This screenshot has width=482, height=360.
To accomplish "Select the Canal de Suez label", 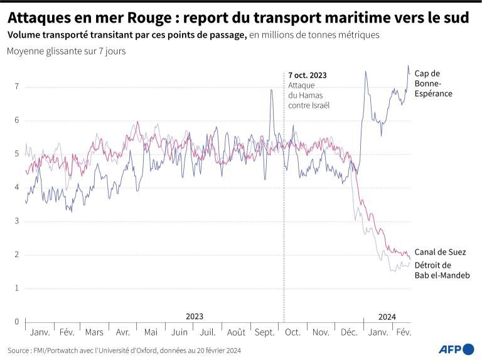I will click(440, 252).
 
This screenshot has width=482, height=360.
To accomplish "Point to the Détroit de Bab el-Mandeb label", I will click(442, 270).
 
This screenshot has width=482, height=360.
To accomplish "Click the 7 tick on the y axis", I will click(17, 87).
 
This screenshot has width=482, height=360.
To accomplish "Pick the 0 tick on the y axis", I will click(17, 322).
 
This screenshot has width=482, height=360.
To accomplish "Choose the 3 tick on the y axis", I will click(17, 221).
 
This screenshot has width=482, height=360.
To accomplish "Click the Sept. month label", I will click(264, 332).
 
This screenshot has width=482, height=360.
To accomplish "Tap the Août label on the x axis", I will click(236, 332).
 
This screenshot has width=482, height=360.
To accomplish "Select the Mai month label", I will click(151, 332).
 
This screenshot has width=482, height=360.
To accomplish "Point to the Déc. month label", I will click(349, 332).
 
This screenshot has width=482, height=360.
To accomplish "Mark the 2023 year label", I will click(195, 317).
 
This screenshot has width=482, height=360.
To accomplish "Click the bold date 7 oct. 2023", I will click(308, 75).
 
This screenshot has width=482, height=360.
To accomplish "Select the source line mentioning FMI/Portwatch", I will click(124, 350).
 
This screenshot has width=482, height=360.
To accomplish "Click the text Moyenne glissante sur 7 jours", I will click(66, 51).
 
